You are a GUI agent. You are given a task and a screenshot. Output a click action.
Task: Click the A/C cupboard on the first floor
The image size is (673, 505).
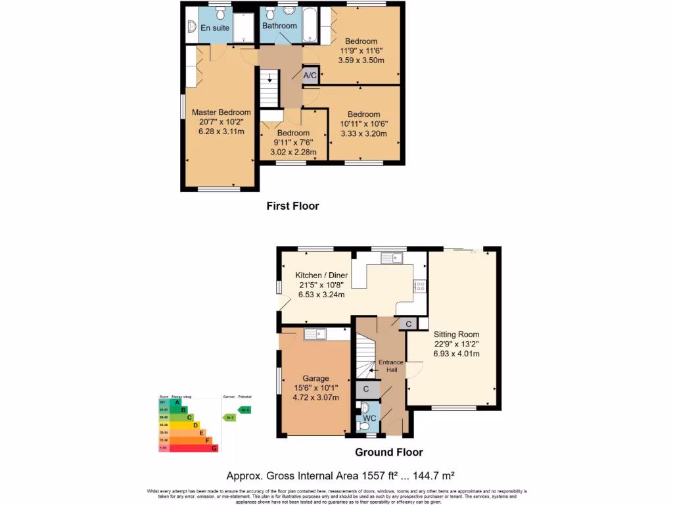(310, 76)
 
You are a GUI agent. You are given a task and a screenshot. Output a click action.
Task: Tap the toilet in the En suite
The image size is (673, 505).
(220, 13)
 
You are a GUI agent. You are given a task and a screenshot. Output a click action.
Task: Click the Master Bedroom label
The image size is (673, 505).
(221, 112)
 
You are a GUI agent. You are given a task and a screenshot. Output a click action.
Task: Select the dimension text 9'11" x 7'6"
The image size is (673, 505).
(292, 143)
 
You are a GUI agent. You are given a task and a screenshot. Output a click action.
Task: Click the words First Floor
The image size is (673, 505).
(292, 206)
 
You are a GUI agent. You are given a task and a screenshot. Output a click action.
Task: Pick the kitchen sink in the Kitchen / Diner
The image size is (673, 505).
(392, 257)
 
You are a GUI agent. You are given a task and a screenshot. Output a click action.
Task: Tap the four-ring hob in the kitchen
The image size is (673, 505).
(419, 286)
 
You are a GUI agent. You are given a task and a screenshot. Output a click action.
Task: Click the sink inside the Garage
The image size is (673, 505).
(315, 334)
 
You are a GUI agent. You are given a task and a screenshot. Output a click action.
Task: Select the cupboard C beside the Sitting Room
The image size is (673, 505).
(408, 324)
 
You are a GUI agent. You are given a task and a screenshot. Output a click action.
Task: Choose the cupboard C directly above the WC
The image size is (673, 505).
(366, 389)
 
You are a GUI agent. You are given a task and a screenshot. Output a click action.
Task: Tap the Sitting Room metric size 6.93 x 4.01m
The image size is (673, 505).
(456, 353)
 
